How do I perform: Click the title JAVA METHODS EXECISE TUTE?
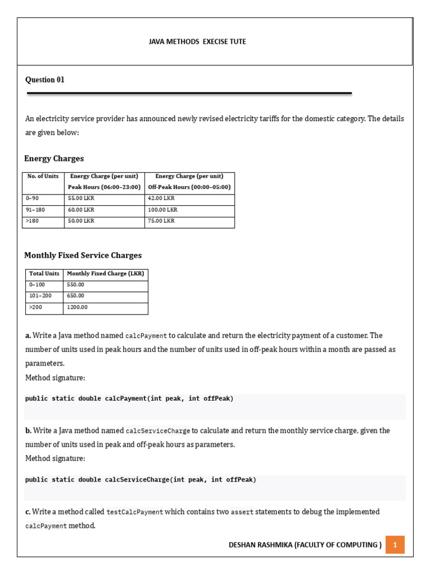click(197, 41)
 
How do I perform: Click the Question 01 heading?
click(45, 80)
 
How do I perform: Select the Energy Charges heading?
click(54, 159)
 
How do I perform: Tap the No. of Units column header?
click(43, 176)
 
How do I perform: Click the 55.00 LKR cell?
click(81, 198)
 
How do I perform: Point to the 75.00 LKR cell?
click(161, 221)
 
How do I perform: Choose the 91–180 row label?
click(35, 210)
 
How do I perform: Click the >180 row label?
click(31, 221)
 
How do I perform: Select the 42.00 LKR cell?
click(161, 198)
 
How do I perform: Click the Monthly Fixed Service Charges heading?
click(83, 256)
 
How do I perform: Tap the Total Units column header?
click(44, 274)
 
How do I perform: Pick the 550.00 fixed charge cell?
click(76, 285)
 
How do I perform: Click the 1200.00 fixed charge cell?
click(77, 307)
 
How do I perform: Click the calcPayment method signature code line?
click(129, 399)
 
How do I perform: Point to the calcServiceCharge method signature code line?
click(141, 480)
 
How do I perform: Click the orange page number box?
click(395, 545)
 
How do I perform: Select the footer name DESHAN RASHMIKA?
click(261, 545)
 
